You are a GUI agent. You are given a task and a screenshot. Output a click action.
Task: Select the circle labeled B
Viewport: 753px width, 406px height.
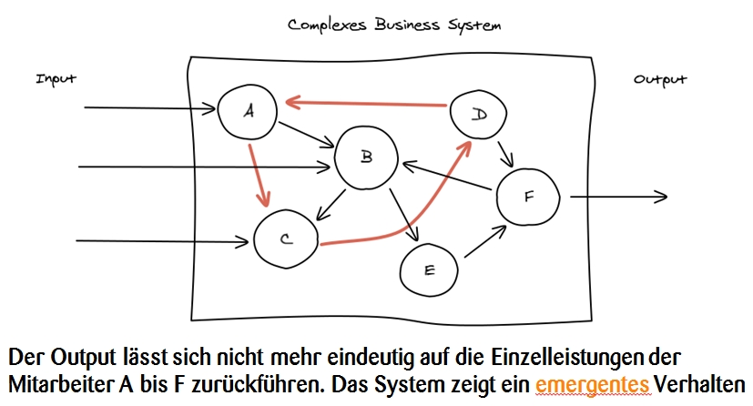point(366,157)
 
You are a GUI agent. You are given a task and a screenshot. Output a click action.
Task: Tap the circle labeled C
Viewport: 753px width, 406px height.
point(286,239)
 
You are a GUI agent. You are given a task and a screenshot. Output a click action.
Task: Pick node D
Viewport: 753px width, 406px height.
point(481,114)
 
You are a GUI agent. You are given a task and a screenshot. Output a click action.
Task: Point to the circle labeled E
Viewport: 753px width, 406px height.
point(430,269)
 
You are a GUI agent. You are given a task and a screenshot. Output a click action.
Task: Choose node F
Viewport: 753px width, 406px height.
point(529,196)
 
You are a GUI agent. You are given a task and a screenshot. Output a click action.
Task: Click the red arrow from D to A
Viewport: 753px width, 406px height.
point(364,102)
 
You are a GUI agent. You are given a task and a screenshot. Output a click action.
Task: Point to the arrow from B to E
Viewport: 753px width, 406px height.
point(402,216)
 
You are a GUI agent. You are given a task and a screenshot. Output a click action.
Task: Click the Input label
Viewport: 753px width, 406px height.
point(56,79)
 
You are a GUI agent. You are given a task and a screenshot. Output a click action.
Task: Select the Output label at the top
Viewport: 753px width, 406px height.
point(660,80)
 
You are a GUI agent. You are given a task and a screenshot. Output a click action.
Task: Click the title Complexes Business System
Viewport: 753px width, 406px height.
point(393,25)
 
